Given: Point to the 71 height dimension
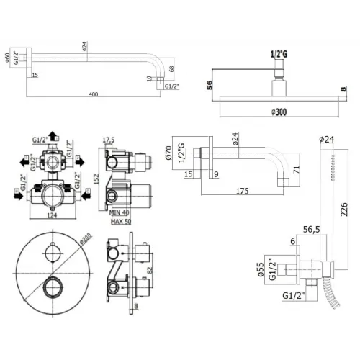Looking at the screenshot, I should (x=296, y=170).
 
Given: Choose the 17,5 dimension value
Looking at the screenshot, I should (x=109, y=140).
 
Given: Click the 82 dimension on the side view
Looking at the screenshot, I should (x=149, y=269).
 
